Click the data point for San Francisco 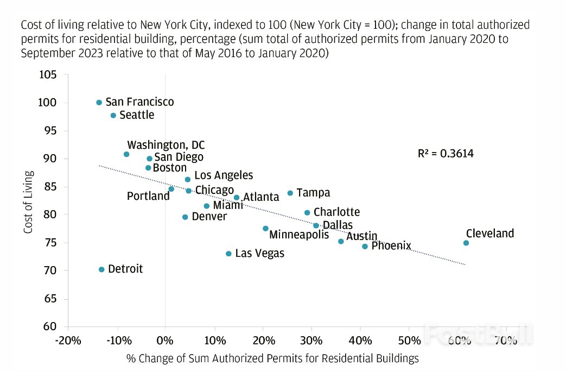tap(99, 103)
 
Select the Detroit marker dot tap(101, 269)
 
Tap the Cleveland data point tap(466, 243)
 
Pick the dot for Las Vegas tap(228, 254)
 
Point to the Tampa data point tap(290, 193)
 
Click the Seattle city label tap(137, 115)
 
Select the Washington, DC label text tap(166, 146)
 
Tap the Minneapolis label tap(299, 235)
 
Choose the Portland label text tap(148, 196)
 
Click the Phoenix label tap(391, 246)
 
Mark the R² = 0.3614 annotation tap(446, 154)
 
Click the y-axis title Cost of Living tap(28, 202)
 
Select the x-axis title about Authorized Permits tap(272, 358)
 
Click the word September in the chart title tap(46, 54)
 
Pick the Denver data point tap(185, 217)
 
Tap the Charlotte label tap(336, 212)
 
